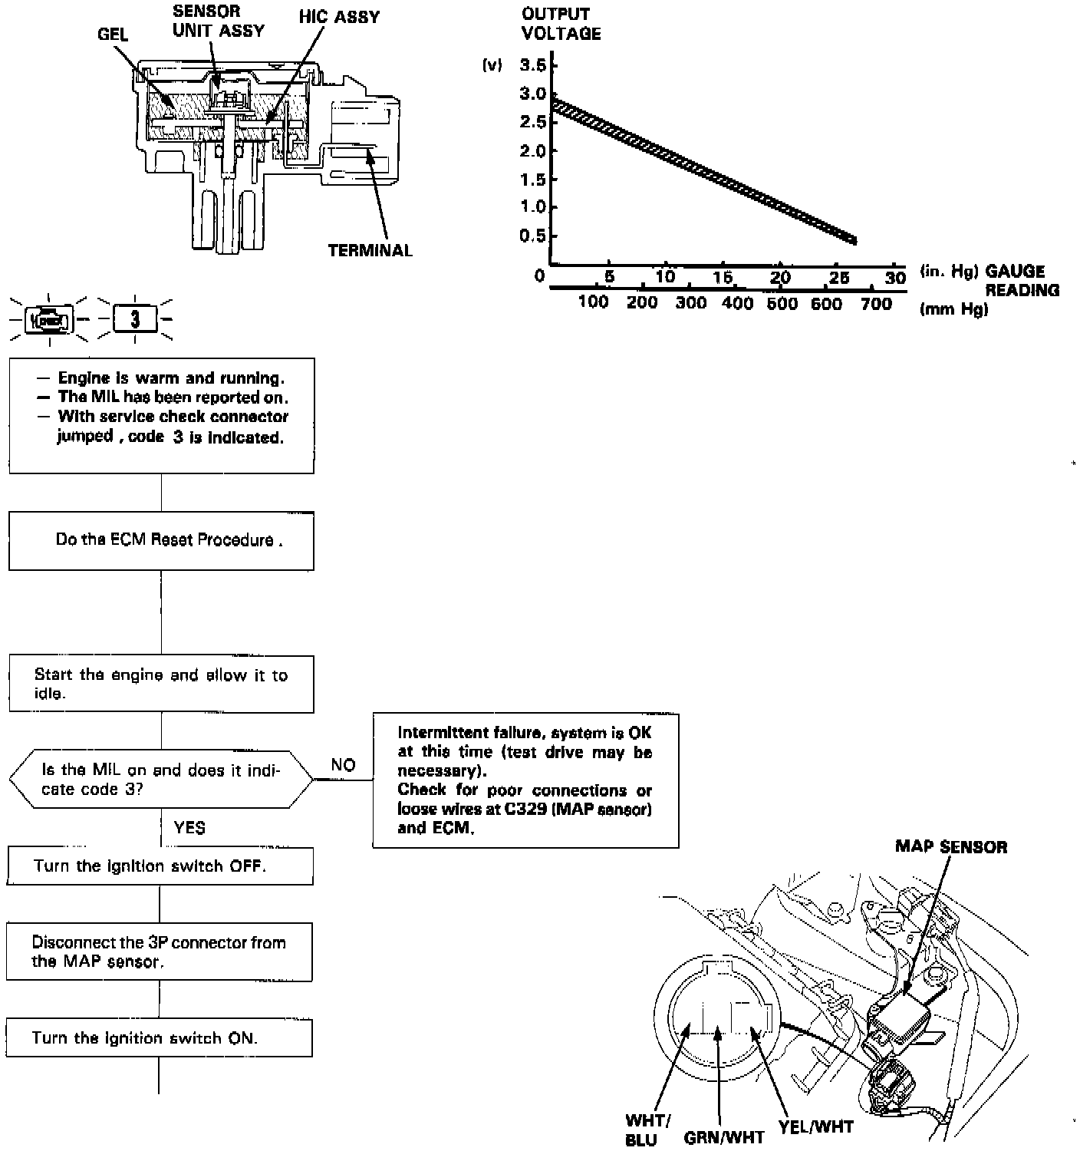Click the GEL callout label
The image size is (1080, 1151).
point(113,35)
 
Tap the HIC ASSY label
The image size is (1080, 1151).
point(340,17)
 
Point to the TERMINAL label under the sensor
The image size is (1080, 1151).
point(370,251)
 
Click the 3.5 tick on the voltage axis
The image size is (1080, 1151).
point(533,65)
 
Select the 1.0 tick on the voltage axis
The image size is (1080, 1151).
point(533,207)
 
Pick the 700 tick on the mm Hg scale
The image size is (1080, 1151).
point(876,304)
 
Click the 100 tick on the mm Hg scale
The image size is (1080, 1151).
point(593,302)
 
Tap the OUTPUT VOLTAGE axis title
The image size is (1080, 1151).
point(561,24)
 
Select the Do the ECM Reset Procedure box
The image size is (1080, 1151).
point(161,541)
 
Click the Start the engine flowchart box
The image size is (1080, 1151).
point(161,684)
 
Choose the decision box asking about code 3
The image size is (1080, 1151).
point(161,780)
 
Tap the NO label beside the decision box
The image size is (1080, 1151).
point(343,765)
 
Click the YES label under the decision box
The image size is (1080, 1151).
point(189,828)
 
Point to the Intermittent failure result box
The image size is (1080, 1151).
point(525,780)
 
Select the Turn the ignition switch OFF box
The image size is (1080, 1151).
point(160,866)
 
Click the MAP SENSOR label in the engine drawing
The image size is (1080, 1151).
point(951,847)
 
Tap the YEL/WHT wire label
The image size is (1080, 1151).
point(815,1127)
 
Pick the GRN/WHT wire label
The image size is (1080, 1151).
point(724,1136)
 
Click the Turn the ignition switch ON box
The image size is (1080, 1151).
point(160,1038)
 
